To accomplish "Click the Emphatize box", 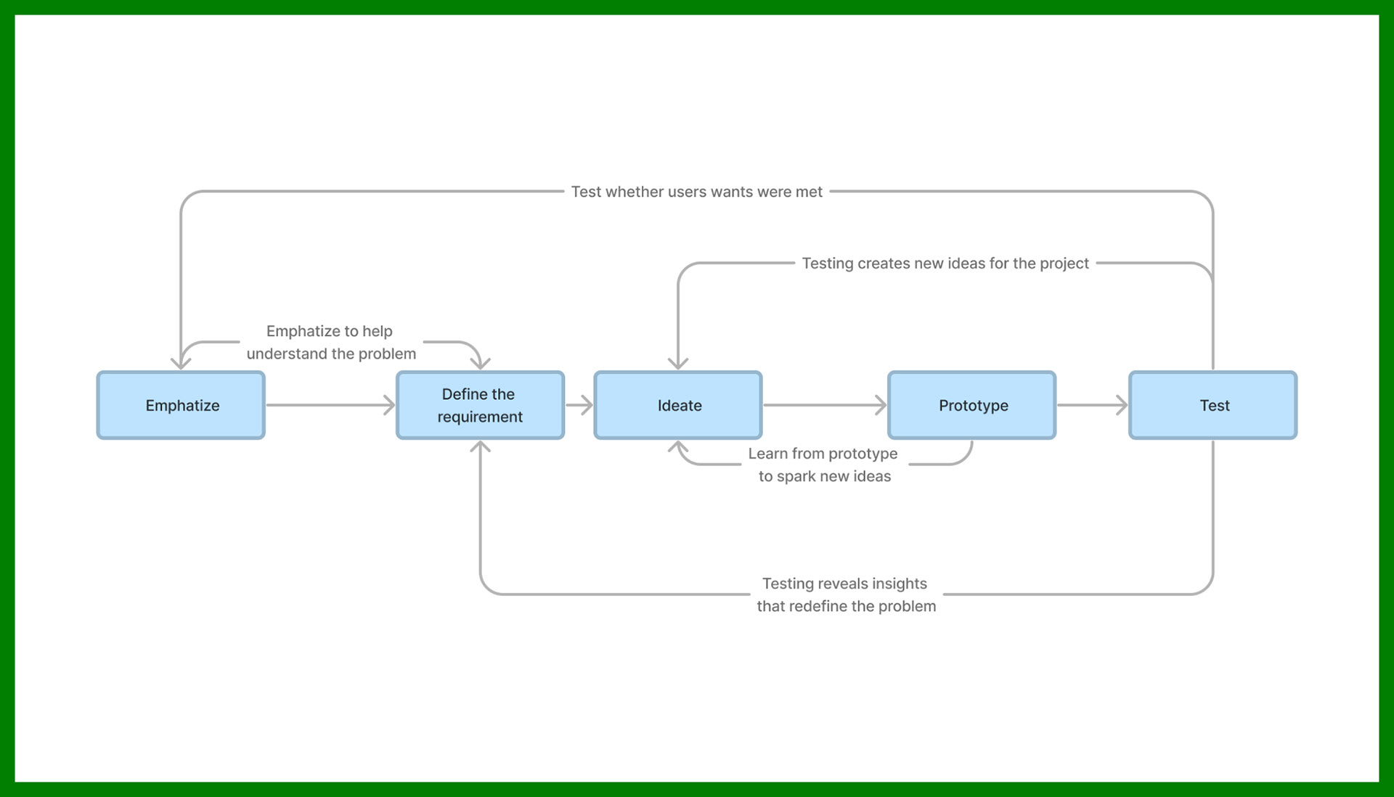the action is pyautogui.click(x=181, y=405).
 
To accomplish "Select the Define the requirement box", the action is pyautogui.click(x=480, y=405).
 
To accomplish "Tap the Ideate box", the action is pyautogui.click(x=678, y=405).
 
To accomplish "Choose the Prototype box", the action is pyautogui.click(x=971, y=405).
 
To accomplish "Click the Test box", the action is pyautogui.click(x=1212, y=405).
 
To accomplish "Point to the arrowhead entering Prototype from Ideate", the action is pyautogui.click(x=881, y=405).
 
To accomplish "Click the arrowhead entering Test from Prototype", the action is pyautogui.click(x=1122, y=405).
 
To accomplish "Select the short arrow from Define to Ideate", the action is pyautogui.click(x=579, y=405).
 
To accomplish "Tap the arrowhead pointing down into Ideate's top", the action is pyautogui.click(x=678, y=363).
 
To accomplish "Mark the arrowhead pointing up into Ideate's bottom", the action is pyautogui.click(x=678, y=447).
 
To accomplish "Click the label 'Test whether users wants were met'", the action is pyautogui.click(x=696, y=192).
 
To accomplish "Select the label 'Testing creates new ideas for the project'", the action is pyautogui.click(x=945, y=263).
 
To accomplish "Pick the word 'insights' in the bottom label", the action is pyautogui.click(x=900, y=584).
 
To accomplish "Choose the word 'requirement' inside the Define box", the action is pyautogui.click(x=480, y=417).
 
